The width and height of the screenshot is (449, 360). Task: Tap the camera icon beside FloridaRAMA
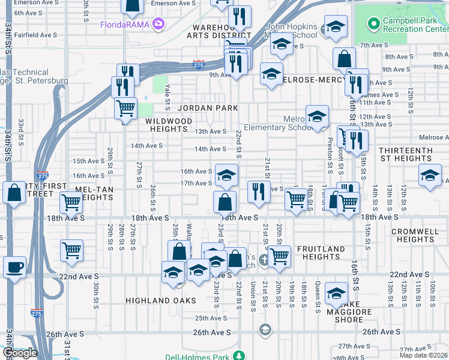pyautogui.click(x=158, y=24)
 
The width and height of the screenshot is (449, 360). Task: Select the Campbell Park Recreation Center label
pyautogui.click(x=415, y=24)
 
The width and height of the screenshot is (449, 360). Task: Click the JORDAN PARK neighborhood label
pyautogui.click(x=208, y=108)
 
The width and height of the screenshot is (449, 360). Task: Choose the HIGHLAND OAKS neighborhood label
pyautogui.click(x=160, y=300)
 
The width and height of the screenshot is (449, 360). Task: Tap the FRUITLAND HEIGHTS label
pyautogui.click(x=321, y=253)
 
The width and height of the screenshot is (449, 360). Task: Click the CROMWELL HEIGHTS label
pyautogui.click(x=416, y=235)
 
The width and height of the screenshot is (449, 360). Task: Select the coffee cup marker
pyautogui.click(x=14, y=266)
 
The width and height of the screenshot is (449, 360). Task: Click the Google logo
pyautogui.click(x=20, y=353)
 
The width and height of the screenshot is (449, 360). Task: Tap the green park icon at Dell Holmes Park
pyautogui.click(x=239, y=356)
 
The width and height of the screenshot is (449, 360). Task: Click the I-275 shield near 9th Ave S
pyautogui.click(x=199, y=63)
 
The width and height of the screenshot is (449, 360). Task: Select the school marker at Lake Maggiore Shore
pyautogui.click(x=337, y=293)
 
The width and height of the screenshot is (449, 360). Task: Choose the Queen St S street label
pyautogui.click(x=318, y=298)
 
